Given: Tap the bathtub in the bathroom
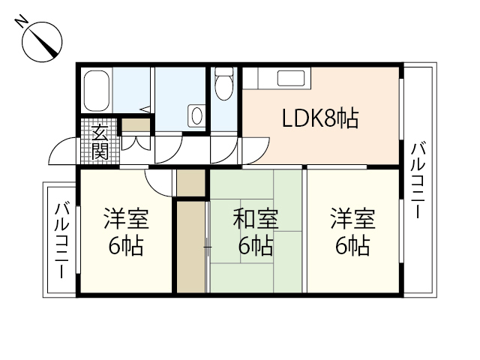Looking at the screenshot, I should click(97, 89).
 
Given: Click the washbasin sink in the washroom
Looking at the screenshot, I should click(196, 115).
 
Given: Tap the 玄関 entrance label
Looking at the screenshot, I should click(100, 142).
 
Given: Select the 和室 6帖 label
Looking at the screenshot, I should click(255, 232).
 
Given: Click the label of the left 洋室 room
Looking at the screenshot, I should click(126, 232).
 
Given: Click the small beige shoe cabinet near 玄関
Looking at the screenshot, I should click(135, 124).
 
